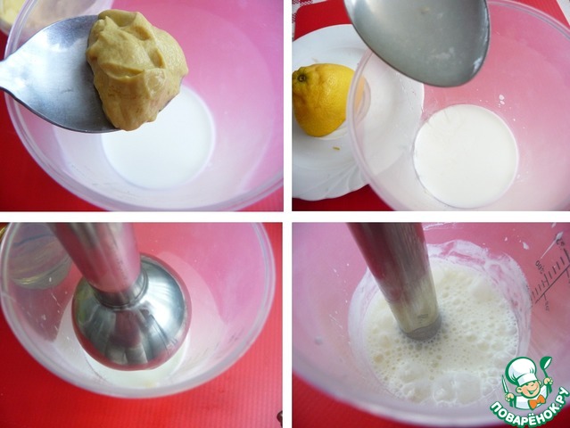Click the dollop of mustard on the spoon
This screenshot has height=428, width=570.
click(136, 69)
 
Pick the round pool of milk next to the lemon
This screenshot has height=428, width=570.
click(466, 155)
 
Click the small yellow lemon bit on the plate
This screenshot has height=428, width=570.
click(337, 148)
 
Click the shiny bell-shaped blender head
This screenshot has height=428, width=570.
click(131, 312)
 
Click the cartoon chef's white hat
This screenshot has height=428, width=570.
click(522, 367)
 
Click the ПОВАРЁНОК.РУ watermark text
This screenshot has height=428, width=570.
click(530, 407)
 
